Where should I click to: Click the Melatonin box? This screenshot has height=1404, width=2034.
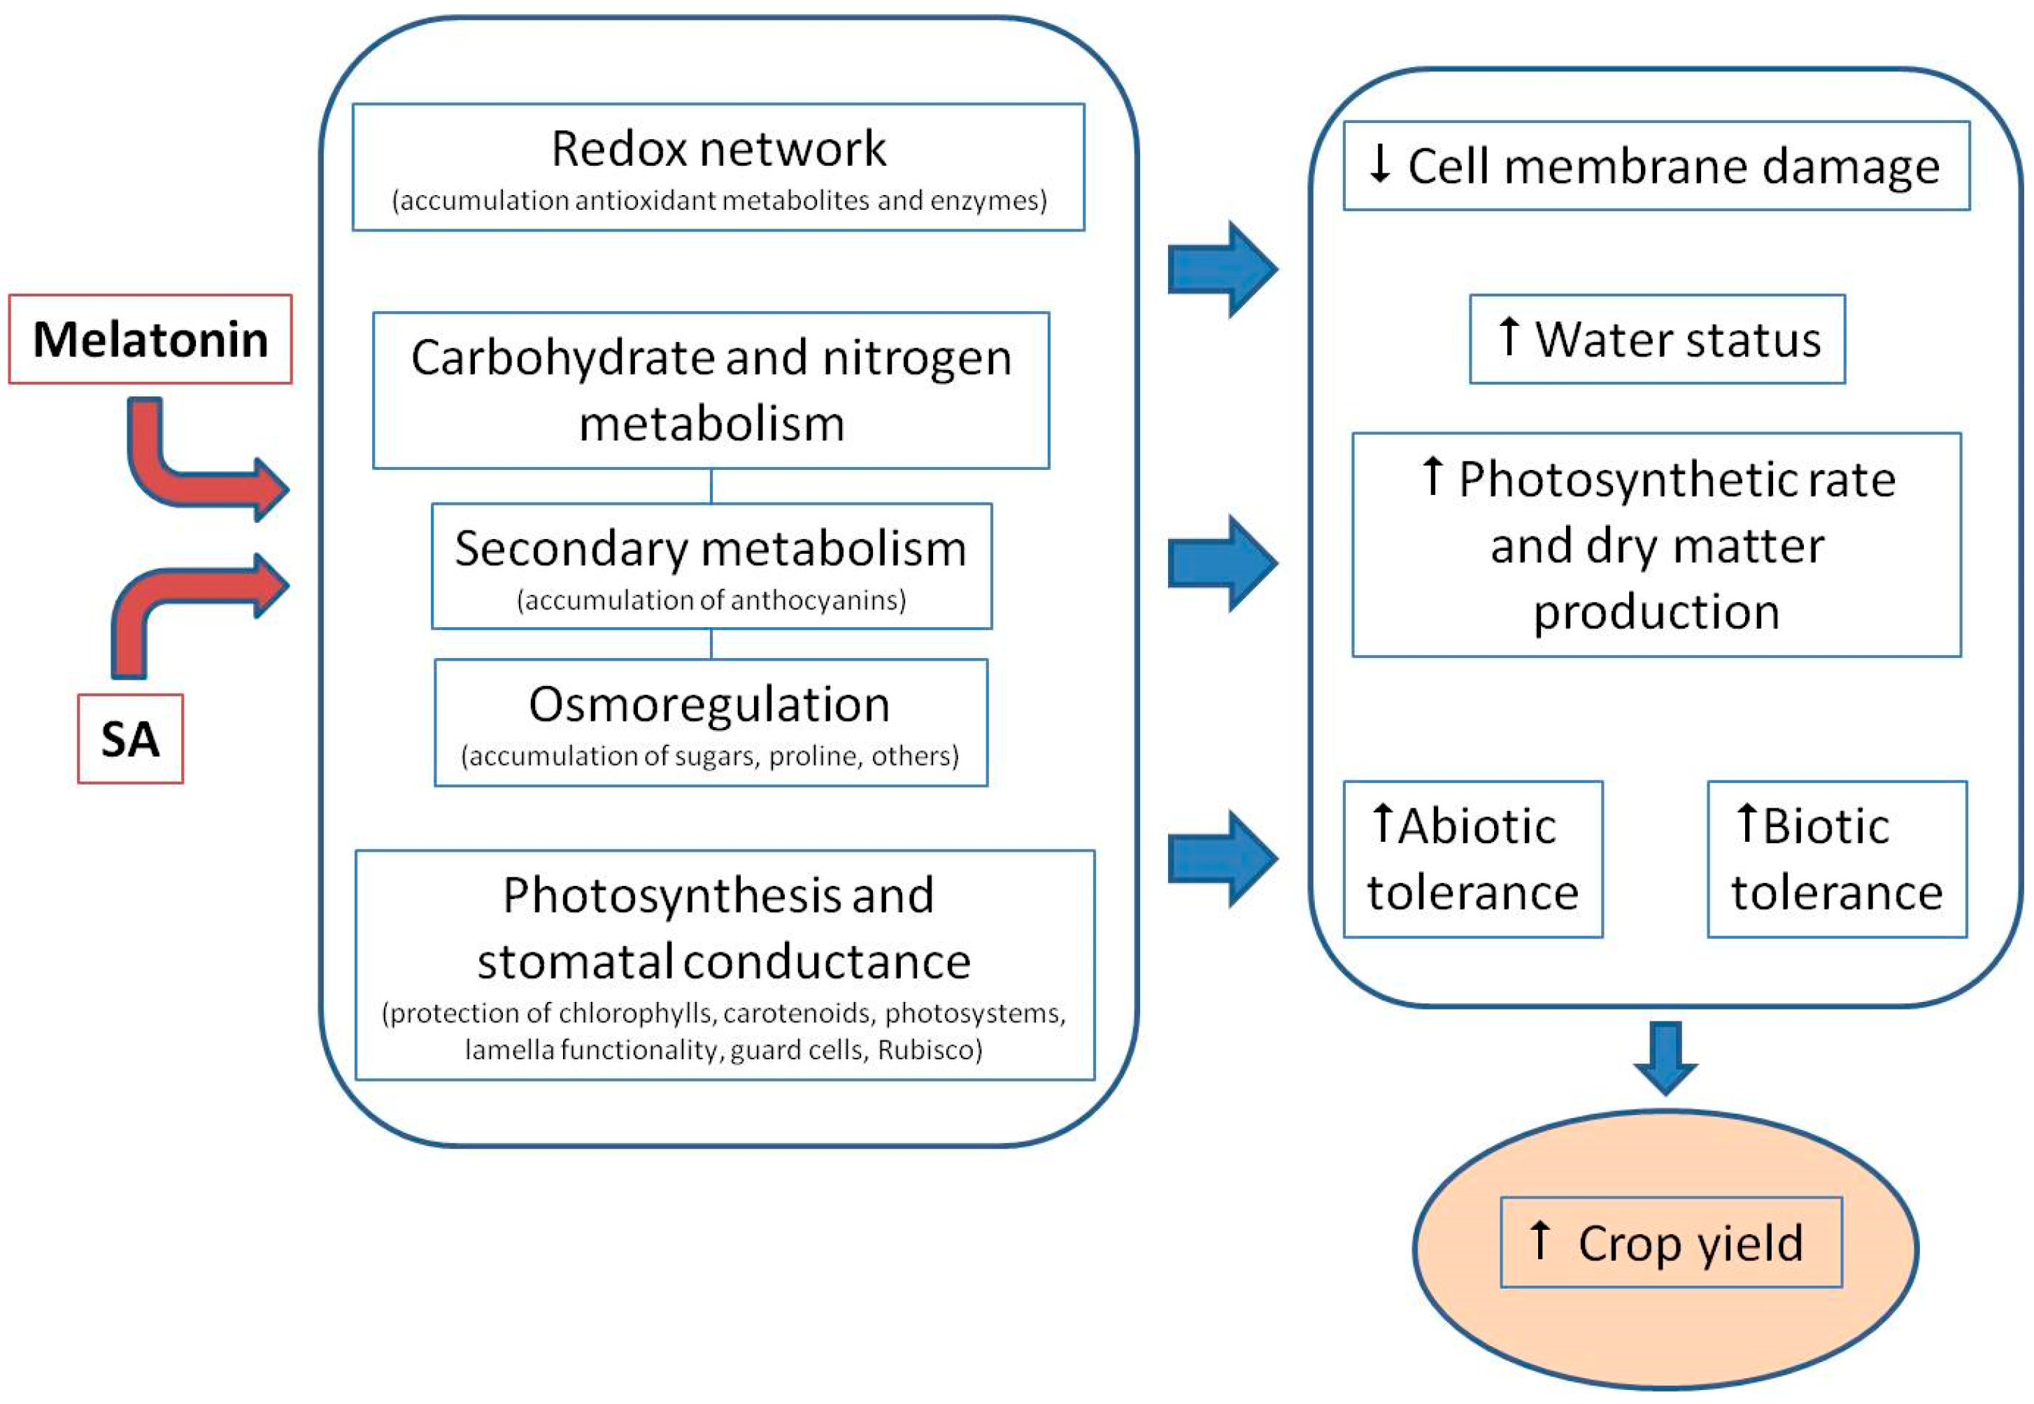click(150, 340)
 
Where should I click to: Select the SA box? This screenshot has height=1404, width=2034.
click(130, 739)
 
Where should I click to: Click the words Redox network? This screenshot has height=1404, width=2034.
click(718, 149)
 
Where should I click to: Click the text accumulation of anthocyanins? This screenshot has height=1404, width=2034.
click(711, 601)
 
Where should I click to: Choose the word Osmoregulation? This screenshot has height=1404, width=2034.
click(709, 705)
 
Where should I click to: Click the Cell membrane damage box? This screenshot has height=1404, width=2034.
click(1656, 166)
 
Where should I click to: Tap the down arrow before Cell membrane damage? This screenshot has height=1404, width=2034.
click(1379, 164)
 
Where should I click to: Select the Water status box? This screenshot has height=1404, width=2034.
click(1656, 340)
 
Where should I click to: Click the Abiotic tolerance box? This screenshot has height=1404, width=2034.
click(1473, 859)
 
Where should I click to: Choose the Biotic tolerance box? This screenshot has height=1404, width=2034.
click(1837, 859)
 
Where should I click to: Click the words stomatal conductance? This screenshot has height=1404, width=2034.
click(723, 961)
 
